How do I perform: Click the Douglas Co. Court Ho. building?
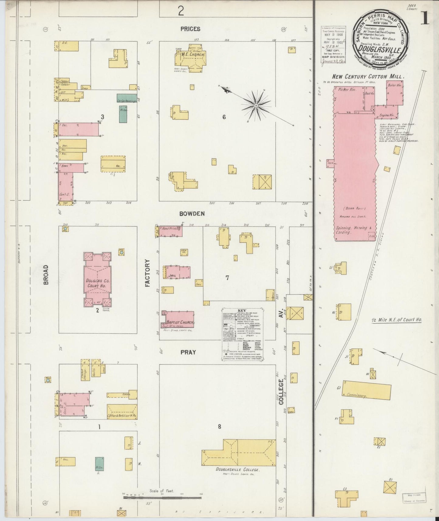pos(97,279)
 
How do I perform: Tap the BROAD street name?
pos(46,275)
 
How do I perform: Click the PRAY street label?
pos(188,352)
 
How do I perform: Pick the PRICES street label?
pos(190,29)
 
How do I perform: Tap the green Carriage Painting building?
pos(126,98)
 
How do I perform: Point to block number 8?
pos(219,426)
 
